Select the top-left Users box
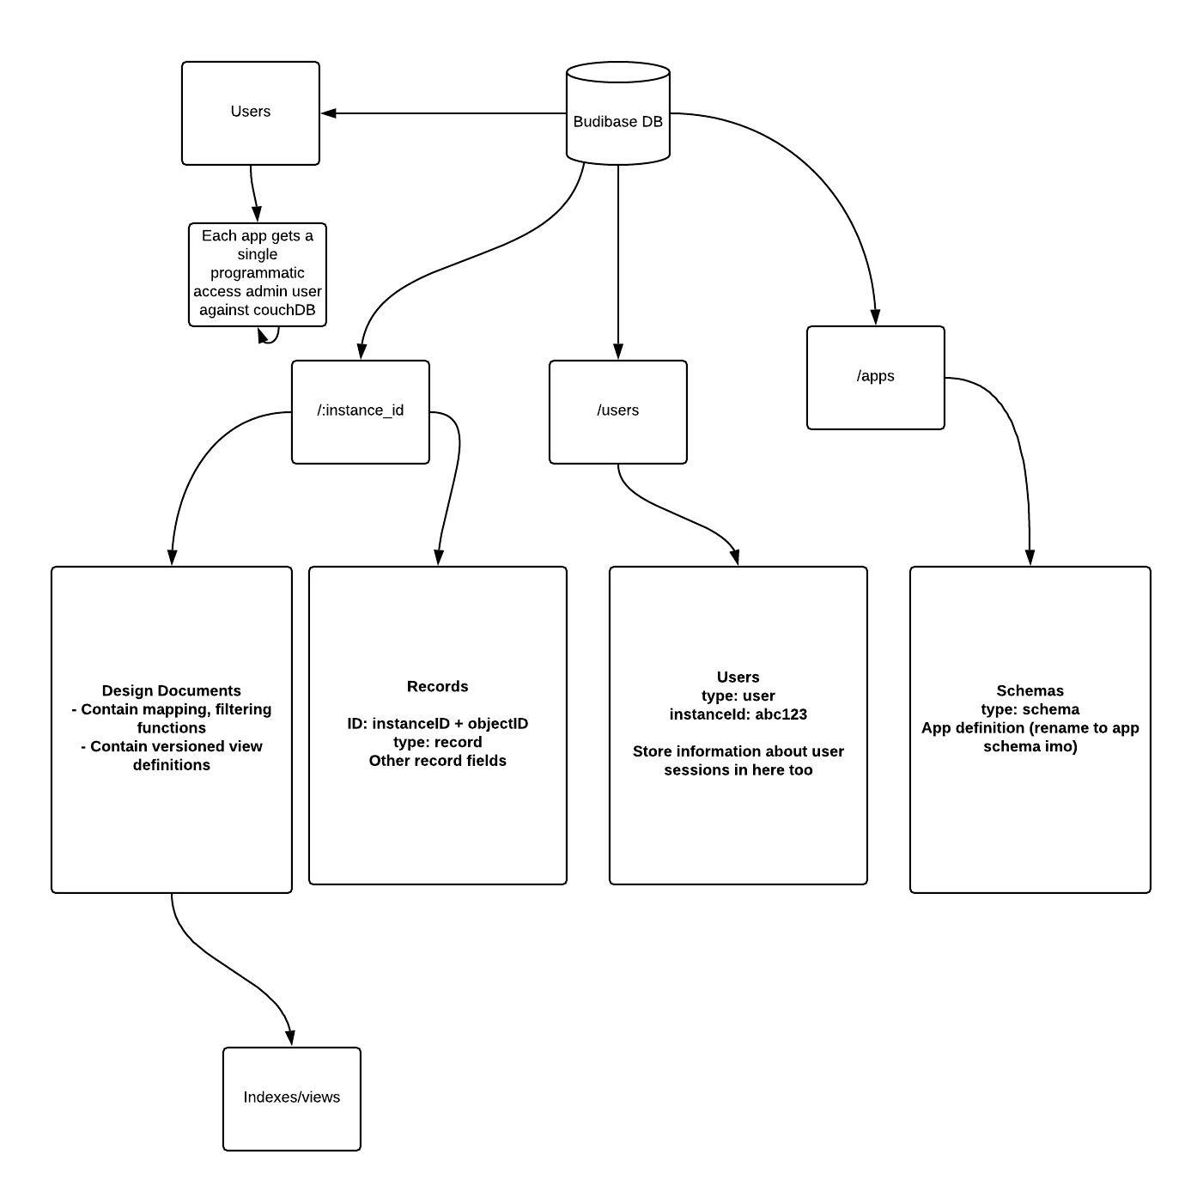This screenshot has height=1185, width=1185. pos(250,112)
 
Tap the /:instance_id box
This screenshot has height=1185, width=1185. pos(360,411)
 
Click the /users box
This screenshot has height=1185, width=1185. pos(617,411)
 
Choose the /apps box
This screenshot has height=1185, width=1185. pos(875,377)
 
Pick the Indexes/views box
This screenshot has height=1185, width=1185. pos(291,1098)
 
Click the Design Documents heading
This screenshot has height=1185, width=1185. pos(171,690)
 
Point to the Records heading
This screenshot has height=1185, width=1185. pos(437,686)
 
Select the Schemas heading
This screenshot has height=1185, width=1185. pos(1030,690)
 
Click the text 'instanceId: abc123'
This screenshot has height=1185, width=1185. pos(738,714)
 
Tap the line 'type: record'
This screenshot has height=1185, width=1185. pos(437,742)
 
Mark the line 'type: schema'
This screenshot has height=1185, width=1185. pos(1030,709)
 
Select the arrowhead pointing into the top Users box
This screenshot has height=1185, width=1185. pos(328,112)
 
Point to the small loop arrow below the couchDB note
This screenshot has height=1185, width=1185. pos(268,337)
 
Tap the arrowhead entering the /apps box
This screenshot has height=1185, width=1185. pos(875,317)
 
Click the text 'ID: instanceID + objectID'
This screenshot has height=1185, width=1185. pos(437,724)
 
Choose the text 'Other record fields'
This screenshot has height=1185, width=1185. pos(437,761)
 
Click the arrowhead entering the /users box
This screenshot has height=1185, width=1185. pos(617,351)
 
